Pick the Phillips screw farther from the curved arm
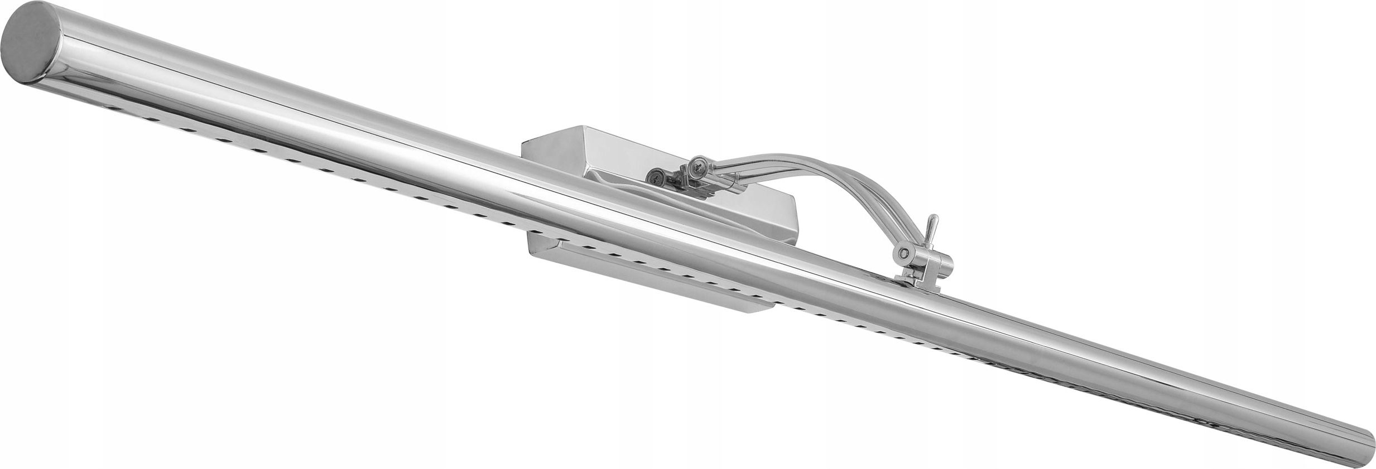654,176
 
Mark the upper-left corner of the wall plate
523,143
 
